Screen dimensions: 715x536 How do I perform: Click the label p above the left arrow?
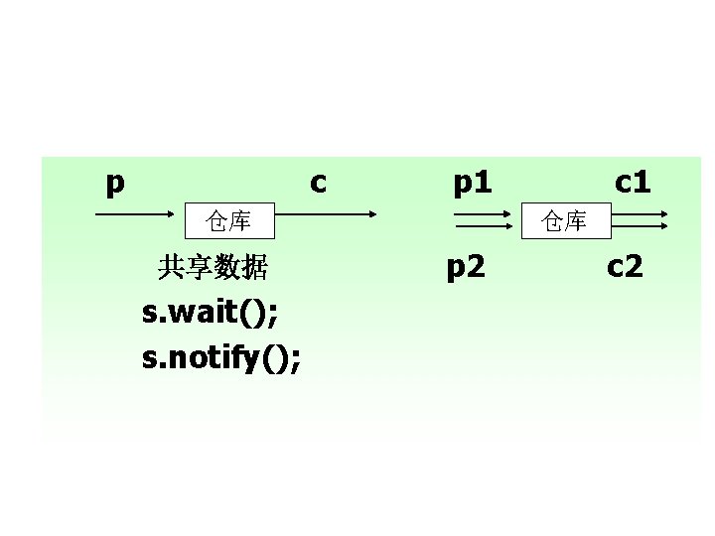point(115,184)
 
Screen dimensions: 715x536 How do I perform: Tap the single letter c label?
point(318,184)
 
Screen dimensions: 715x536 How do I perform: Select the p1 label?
point(473,184)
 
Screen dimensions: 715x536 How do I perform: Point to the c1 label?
point(633,184)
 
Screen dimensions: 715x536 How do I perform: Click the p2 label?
point(466,266)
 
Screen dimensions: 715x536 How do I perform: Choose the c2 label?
point(626,266)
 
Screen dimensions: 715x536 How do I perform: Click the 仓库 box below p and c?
point(228,220)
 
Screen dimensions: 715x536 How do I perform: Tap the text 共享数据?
point(213,266)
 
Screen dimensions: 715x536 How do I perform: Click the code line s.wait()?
point(211,313)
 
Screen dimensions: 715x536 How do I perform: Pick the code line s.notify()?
point(222,357)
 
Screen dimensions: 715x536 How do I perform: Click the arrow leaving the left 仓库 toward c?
point(323,214)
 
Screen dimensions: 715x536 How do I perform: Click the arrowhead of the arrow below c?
point(371,214)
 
